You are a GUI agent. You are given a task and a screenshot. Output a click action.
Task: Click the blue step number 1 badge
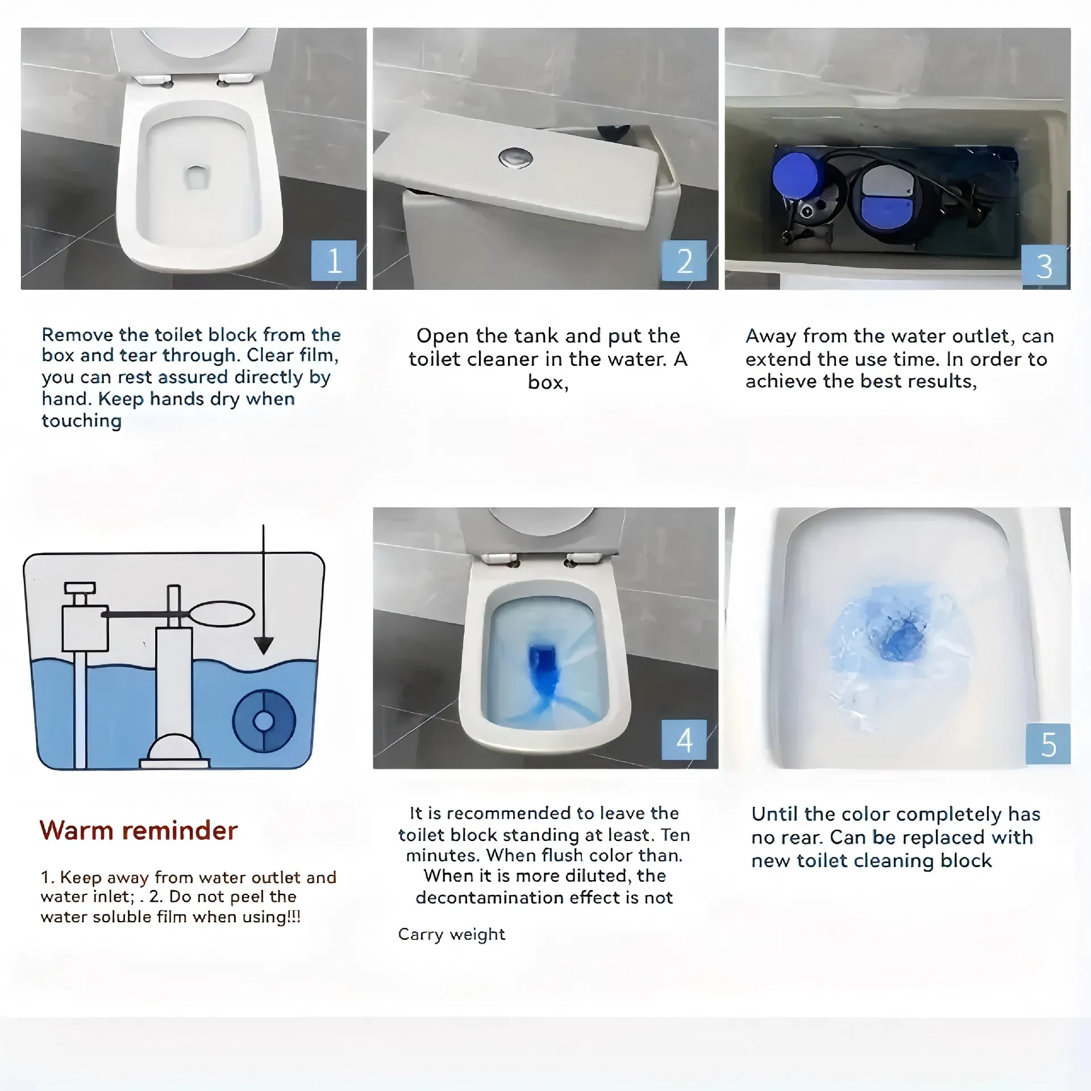334,261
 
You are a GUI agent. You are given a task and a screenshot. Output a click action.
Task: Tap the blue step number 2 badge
684,261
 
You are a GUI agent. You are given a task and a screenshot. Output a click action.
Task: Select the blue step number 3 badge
1044,265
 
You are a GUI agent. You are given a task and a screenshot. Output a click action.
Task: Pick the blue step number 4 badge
684,740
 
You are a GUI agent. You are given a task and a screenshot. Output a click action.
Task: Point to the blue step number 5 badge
1048,744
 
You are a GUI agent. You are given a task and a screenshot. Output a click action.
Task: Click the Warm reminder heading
138,830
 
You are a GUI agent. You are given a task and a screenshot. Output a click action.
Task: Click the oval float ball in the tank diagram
222,614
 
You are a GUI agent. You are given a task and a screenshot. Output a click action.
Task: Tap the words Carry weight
451,934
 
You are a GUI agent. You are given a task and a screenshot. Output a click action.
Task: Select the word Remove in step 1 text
77,334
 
